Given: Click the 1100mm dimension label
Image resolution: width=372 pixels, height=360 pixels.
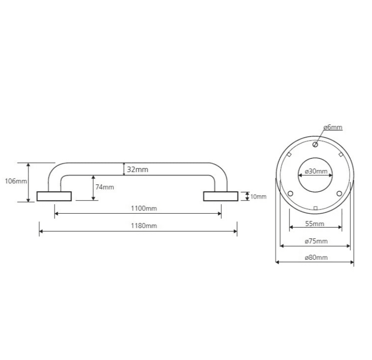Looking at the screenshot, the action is tap(144, 208).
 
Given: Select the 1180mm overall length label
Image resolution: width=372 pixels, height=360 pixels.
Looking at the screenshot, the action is tap(144, 226).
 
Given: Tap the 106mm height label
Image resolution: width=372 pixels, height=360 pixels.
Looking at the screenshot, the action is tap(16, 181).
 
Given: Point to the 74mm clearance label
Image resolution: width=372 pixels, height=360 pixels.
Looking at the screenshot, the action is tap(104, 187).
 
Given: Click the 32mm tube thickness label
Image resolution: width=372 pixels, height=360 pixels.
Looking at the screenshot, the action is tap(138, 170).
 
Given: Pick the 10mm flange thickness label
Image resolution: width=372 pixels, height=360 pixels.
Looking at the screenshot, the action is tap(258, 197).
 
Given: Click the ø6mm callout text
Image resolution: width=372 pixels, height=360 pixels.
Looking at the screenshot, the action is tap(333, 127).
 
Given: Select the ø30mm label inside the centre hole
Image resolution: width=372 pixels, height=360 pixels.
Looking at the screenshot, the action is tap(316, 171).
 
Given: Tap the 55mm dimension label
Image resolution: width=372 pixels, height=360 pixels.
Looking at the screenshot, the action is tap(315, 224).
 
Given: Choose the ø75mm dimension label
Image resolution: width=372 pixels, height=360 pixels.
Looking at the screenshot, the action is tap(316, 241).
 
